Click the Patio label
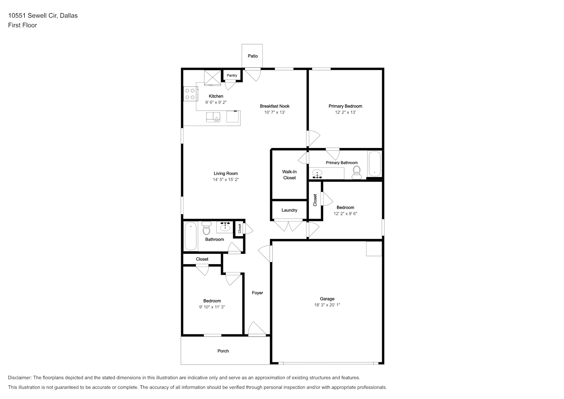pyautogui.click(x=252, y=56)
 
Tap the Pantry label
pyautogui.click(x=232, y=75)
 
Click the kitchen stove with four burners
pyautogui.click(x=190, y=94)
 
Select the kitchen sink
pyautogui.click(x=213, y=117)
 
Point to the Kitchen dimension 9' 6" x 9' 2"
pyautogui.click(x=216, y=102)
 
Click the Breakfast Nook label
pyautogui.click(x=275, y=106)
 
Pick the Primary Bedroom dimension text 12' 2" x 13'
pyautogui.click(x=345, y=113)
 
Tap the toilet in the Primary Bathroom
pyautogui.click(x=357, y=172)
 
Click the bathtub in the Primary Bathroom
pyautogui.click(x=375, y=164)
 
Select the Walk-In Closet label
pyautogui.click(x=289, y=175)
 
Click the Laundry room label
pyautogui.click(x=289, y=210)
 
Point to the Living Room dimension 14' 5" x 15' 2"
pyautogui.click(x=226, y=180)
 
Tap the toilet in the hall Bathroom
pyautogui.click(x=207, y=228)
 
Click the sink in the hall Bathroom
pyautogui.click(x=225, y=227)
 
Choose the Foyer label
pyautogui.click(x=257, y=293)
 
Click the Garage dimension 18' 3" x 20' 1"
pyautogui.click(x=327, y=305)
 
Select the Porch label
pyautogui.click(x=223, y=351)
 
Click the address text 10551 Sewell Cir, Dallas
pyautogui.click(x=43, y=16)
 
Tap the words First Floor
pyautogui.click(x=22, y=25)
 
